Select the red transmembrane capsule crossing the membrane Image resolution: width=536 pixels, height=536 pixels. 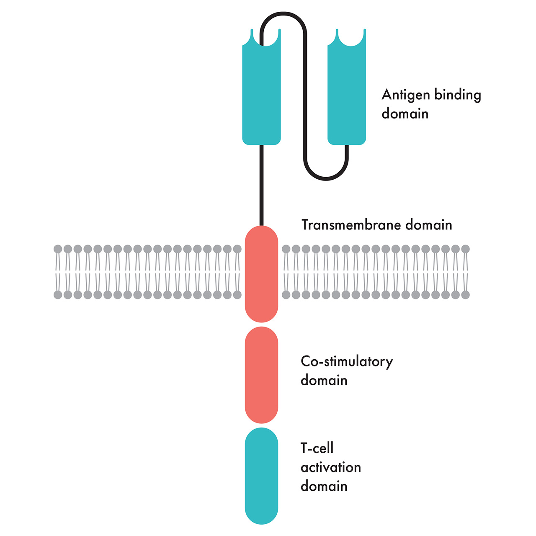261,274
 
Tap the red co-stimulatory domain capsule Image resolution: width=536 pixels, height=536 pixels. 261,375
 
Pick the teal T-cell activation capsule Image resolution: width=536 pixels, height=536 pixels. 261,476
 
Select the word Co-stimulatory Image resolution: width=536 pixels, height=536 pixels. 347,361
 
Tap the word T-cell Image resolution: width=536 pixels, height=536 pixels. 317,448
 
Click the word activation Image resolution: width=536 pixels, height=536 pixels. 331,467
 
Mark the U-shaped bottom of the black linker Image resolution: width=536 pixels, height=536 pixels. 326,178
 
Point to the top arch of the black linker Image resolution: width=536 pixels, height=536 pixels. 283,15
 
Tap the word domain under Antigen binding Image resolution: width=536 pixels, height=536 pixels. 405,113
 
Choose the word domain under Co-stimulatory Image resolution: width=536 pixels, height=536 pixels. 324,380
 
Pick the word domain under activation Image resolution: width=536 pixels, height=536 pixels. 324,486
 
